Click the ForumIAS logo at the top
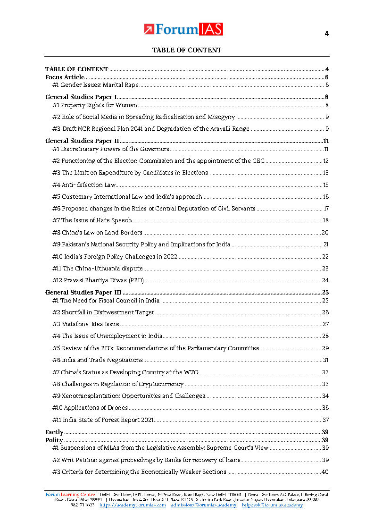click(183, 29)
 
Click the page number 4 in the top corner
click(326, 34)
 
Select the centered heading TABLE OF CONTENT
click(186, 50)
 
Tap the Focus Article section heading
click(65, 77)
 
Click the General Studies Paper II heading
click(82, 141)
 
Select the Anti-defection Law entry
click(84, 185)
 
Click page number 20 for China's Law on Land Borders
click(325, 233)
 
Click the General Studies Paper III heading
click(83, 293)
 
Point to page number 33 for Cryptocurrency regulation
click(325, 384)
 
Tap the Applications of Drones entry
click(90, 408)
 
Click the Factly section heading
click(54, 432)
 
